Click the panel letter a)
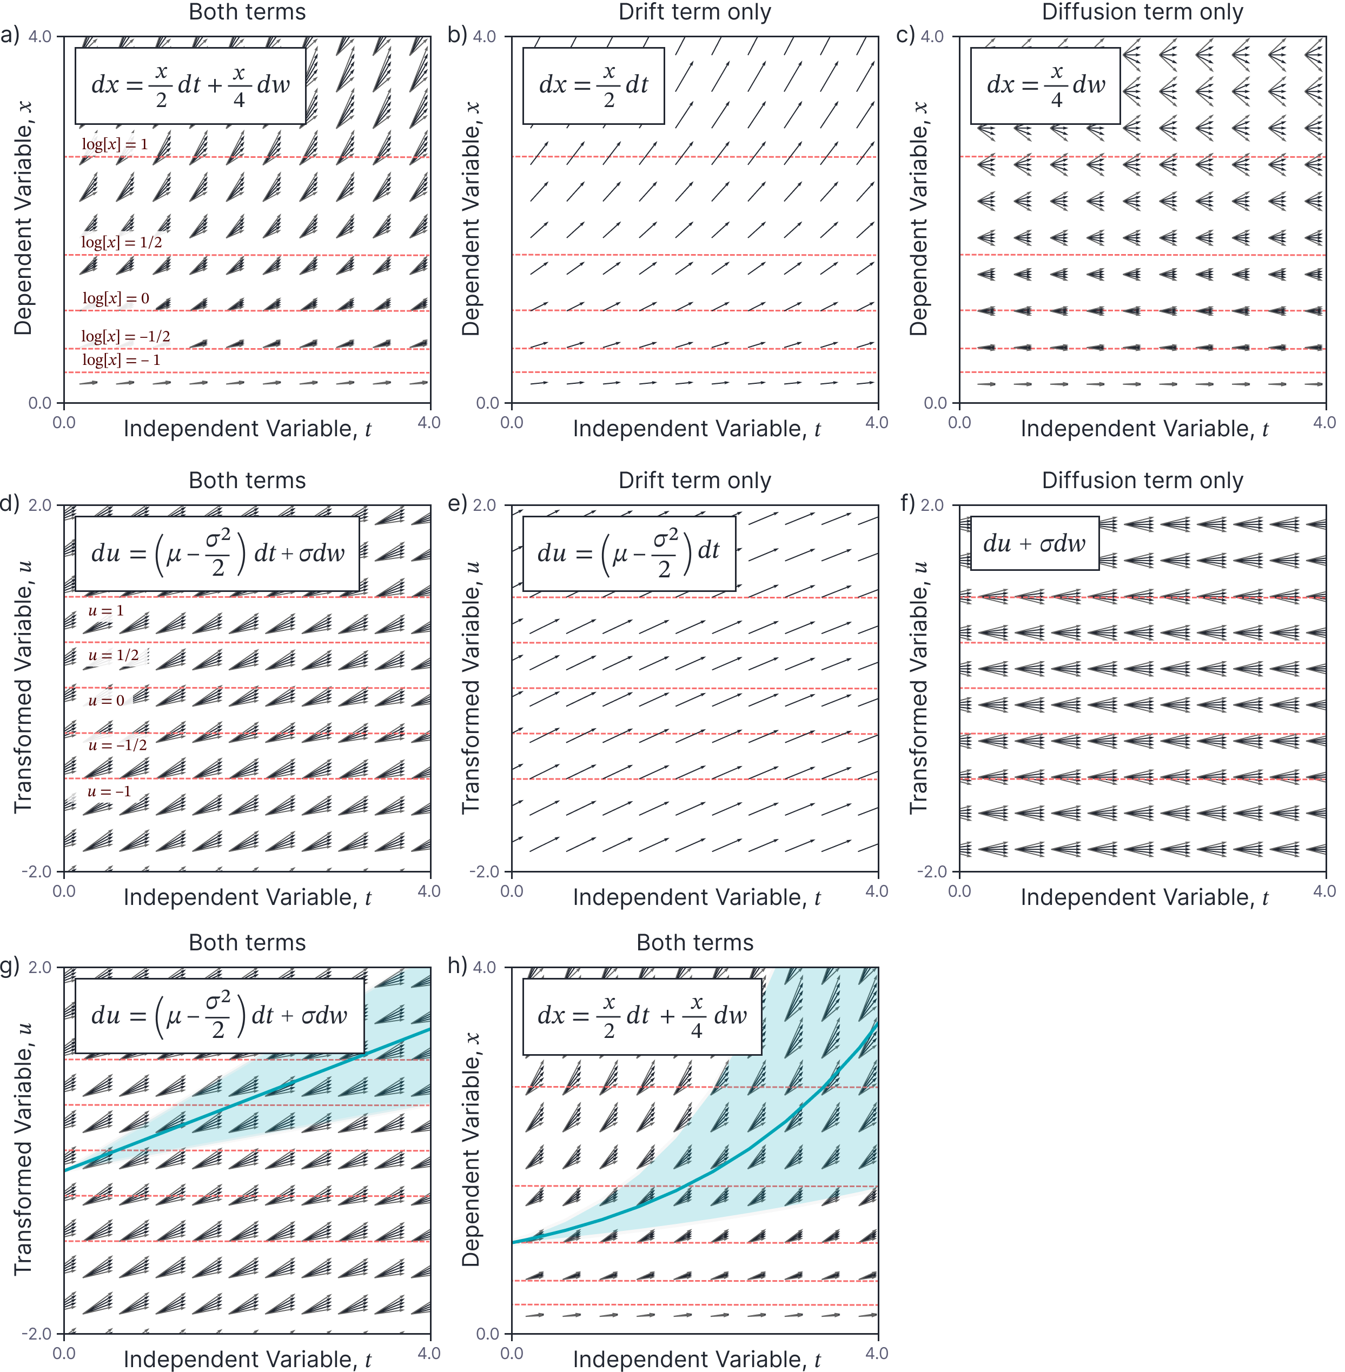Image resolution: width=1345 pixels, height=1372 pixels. point(10,35)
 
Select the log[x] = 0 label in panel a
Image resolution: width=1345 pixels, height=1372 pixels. point(116,298)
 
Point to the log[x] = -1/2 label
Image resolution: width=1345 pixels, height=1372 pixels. point(126,336)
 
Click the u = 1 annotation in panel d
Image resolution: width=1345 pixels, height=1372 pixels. point(106,611)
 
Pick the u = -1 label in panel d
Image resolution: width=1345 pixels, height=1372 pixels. point(109,791)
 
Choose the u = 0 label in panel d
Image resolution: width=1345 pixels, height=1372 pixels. point(106,701)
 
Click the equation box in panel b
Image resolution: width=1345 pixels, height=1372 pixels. point(593,85)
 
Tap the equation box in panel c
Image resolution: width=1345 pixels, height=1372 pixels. point(1045,85)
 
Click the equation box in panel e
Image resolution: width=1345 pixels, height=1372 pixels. point(629,554)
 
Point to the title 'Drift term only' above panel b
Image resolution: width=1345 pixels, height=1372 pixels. point(694,12)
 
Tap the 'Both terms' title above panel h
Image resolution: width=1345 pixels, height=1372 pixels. point(694,943)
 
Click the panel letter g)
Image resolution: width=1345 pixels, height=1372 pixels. point(10,967)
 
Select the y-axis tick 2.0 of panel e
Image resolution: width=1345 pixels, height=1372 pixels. point(484,505)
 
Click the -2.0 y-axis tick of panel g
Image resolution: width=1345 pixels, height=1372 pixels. point(37,1334)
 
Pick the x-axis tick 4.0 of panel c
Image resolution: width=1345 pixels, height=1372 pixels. point(1324,423)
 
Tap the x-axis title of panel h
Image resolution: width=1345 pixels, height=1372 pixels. point(696,1359)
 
